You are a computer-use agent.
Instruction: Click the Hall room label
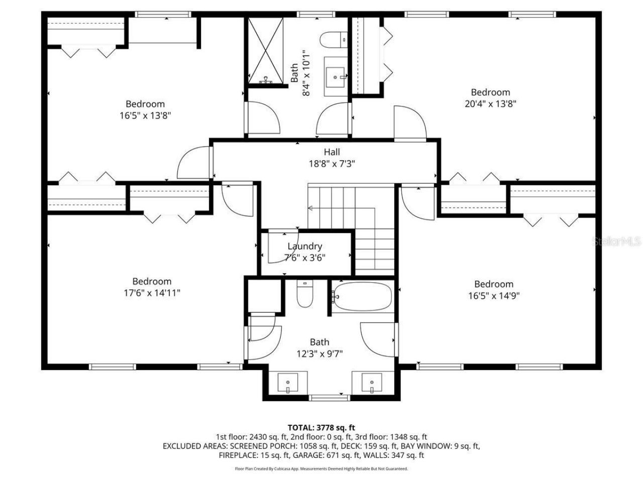(x=332, y=152)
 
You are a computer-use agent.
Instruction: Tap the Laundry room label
(x=304, y=246)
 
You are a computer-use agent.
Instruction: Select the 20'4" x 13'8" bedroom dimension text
(x=490, y=104)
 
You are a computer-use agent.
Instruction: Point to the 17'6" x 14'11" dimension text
(x=152, y=293)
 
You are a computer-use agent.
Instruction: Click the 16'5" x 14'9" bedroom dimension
(x=493, y=296)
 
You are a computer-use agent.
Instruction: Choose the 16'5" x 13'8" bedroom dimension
(x=145, y=115)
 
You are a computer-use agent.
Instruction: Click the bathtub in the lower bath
(x=363, y=297)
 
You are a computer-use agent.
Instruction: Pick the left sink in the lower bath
(x=287, y=384)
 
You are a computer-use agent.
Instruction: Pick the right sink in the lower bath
(x=371, y=384)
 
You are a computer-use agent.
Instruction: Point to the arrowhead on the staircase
(x=310, y=207)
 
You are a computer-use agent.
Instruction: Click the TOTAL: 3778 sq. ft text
(x=321, y=428)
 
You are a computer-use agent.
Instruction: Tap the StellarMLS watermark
(x=617, y=242)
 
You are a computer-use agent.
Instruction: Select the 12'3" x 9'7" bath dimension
(x=319, y=353)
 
